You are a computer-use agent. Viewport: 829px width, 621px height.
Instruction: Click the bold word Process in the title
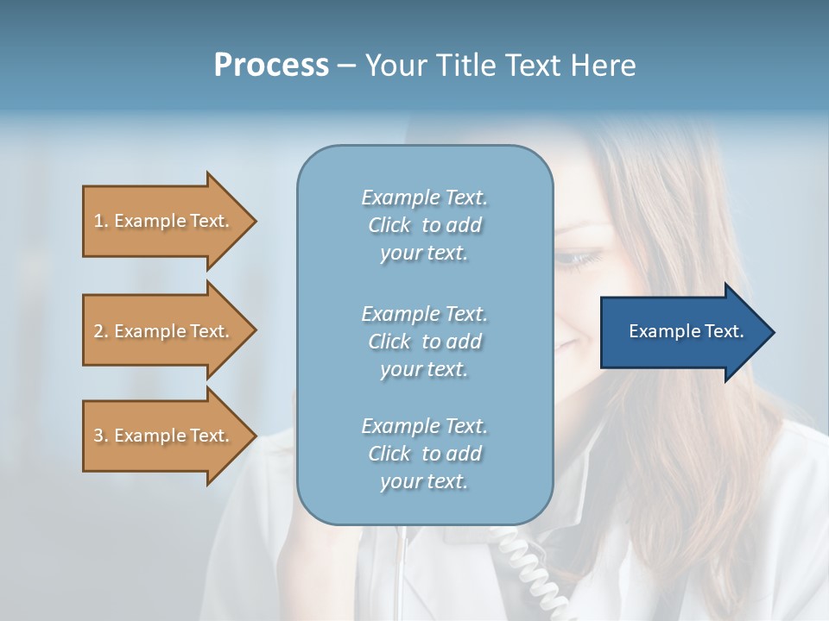coord(271,66)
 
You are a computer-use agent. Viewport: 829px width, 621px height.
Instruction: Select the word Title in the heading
coord(466,66)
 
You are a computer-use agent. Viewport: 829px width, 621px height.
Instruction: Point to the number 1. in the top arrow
coord(101,221)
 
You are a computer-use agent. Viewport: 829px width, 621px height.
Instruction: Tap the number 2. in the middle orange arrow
coord(101,331)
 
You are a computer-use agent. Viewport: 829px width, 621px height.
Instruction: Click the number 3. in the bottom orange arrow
coord(101,436)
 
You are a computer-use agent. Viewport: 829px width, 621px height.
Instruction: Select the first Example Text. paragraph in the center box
coord(424,225)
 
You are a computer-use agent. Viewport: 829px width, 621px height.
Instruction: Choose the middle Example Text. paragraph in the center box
coord(424,342)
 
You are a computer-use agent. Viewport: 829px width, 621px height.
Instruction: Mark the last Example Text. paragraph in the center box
coord(424,454)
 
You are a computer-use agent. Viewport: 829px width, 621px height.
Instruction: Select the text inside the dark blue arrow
coord(686,331)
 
